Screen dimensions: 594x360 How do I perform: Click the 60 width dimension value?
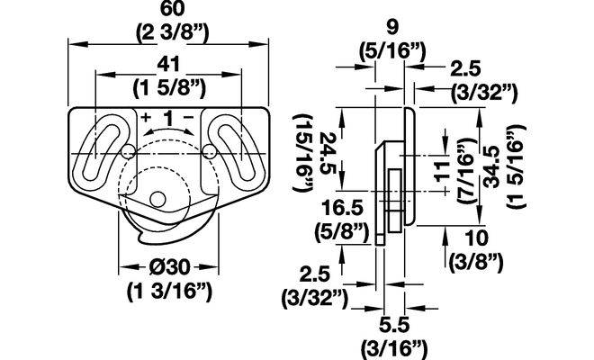[x=173, y=9]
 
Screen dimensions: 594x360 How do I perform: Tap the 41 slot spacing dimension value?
[x=168, y=65]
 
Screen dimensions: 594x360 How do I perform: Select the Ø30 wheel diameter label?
[x=169, y=267]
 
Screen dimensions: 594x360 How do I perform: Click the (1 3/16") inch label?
[x=169, y=292]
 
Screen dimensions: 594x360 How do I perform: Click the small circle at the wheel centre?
[x=158, y=199]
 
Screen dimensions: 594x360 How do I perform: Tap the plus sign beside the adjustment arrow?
[x=146, y=117]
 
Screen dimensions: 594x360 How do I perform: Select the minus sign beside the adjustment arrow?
[x=188, y=117]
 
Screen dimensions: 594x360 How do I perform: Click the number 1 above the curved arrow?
[x=167, y=119]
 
